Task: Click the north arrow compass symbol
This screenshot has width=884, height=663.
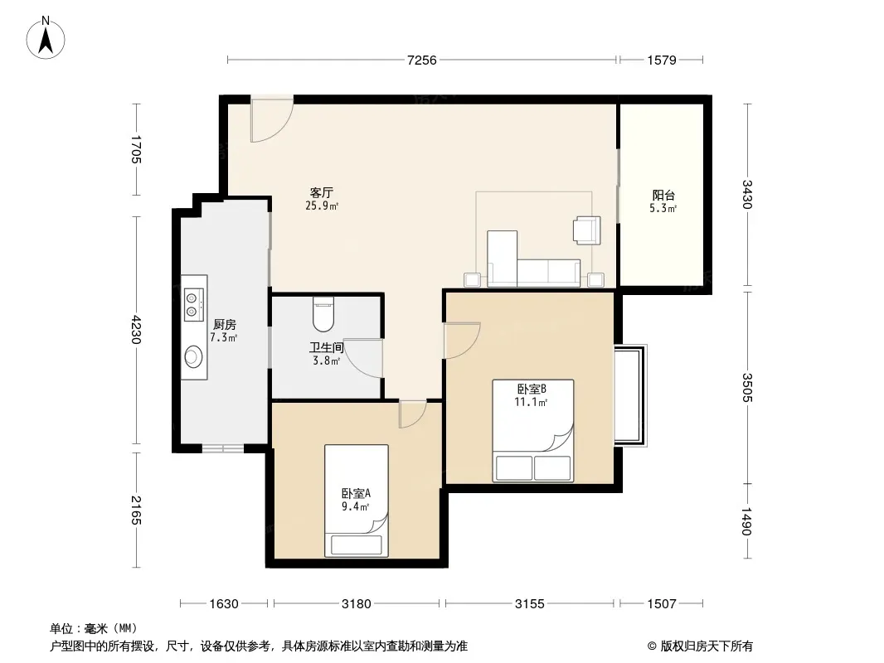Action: (x=46, y=38)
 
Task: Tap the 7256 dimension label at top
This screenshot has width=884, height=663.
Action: (x=422, y=60)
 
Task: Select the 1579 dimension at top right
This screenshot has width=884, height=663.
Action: (x=661, y=60)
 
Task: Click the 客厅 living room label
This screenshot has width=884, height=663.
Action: (x=322, y=192)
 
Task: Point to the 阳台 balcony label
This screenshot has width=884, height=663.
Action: (x=663, y=195)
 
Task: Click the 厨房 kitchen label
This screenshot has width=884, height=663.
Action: (x=225, y=325)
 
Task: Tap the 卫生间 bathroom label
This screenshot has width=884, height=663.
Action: (x=327, y=347)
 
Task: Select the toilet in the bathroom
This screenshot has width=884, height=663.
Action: (x=323, y=314)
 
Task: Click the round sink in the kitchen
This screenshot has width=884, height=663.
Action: (x=193, y=356)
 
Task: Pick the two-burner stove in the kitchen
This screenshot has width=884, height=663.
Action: (x=193, y=304)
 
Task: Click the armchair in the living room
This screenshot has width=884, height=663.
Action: (x=586, y=230)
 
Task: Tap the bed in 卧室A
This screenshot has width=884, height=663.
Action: (x=357, y=501)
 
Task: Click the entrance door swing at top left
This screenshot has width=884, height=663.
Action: (x=272, y=119)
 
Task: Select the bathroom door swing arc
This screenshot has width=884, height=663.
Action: (x=363, y=358)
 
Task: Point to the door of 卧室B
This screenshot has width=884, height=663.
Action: (x=462, y=341)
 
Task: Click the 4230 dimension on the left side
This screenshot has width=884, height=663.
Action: (x=136, y=330)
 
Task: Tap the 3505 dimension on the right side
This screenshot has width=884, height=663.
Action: (x=747, y=387)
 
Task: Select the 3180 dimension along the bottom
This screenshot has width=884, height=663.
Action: (x=357, y=604)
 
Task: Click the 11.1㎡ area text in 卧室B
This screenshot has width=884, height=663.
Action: (x=531, y=402)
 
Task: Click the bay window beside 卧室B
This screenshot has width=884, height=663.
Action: (x=630, y=395)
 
